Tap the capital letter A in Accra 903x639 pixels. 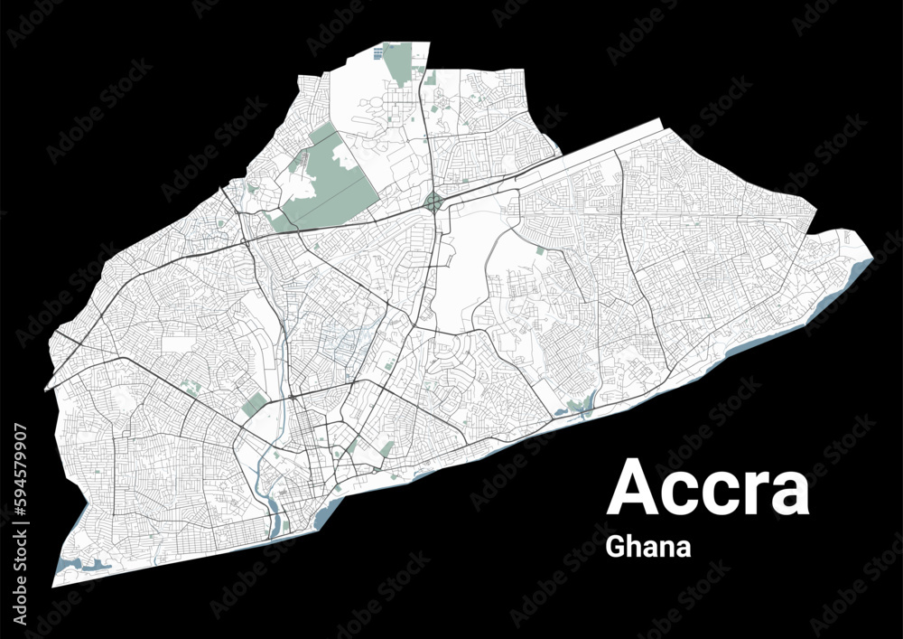(635, 488)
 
